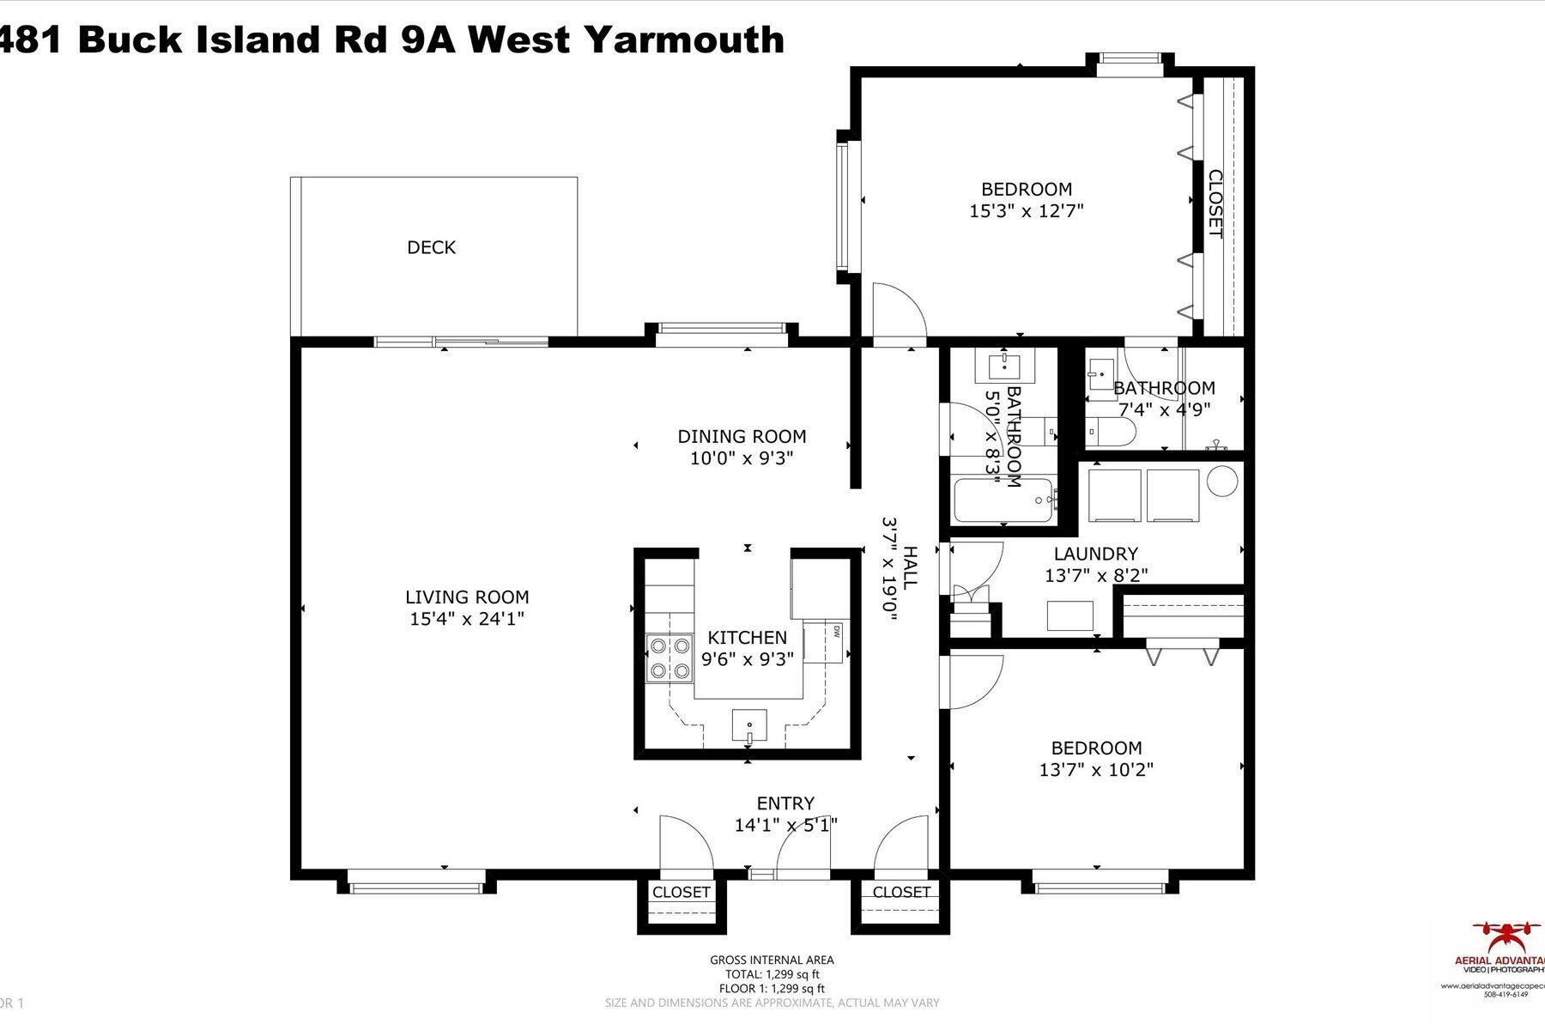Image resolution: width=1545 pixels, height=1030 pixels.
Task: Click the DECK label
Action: pyautogui.click(x=431, y=247)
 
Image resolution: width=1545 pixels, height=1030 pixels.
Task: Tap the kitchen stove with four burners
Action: pyautogui.click(x=669, y=657)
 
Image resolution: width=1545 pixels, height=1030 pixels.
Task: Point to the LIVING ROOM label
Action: pyautogui.click(x=467, y=597)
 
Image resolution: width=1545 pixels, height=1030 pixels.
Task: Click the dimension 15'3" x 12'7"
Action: pyautogui.click(x=1027, y=211)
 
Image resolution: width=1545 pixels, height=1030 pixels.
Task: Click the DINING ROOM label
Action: pyautogui.click(x=742, y=436)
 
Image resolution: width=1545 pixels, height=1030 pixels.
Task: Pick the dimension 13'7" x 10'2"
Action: pyautogui.click(x=1096, y=770)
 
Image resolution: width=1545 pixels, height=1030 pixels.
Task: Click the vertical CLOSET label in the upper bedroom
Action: pyautogui.click(x=1215, y=203)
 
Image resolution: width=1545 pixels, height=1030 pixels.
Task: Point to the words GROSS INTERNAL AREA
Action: pyautogui.click(x=772, y=960)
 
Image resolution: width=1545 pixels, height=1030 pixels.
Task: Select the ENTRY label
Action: pyautogui.click(x=785, y=803)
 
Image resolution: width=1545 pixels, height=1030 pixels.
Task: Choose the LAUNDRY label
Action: pyautogui.click(x=1095, y=554)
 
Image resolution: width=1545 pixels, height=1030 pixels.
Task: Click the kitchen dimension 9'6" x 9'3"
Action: pyautogui.click(x=747, y=659)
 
